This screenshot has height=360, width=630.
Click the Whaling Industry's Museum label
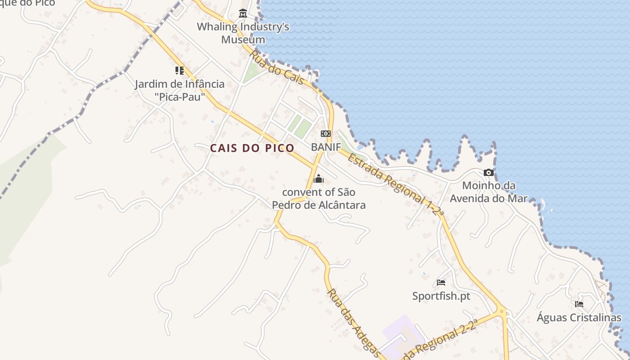point(243,33)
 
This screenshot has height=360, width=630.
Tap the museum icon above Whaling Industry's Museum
point(243,13)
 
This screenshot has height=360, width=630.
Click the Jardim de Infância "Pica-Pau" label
point(180,90)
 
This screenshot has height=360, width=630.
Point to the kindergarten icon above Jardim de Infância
point(180,71)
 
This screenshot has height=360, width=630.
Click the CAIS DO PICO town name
point(252,148)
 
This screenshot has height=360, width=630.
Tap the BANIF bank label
point(326,147)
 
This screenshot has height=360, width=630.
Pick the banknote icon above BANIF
point(326,134)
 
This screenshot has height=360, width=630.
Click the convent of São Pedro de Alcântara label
point(319,198)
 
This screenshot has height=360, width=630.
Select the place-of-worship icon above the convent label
point(319,179)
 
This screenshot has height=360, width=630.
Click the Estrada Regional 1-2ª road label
point(395,185)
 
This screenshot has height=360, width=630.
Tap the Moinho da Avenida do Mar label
point(489,192)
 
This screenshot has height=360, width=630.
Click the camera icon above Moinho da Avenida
point(489,172)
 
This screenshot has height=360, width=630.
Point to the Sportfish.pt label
point(441,296)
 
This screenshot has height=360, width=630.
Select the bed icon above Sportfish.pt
point(441,283)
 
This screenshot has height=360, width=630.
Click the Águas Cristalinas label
point(579,317)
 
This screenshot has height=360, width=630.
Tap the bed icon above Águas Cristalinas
point(579,304)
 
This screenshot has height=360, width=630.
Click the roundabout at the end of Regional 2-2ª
point(501,310)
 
